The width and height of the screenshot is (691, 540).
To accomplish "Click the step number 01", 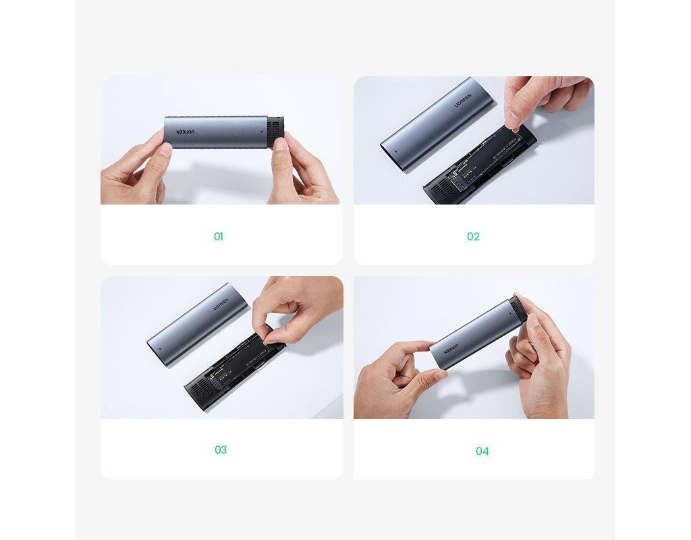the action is (219, 237).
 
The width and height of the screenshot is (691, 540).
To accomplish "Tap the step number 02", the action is (473, 237).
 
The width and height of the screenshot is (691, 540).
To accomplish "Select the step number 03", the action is (221, 450).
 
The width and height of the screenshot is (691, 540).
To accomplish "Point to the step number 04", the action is (482, 451).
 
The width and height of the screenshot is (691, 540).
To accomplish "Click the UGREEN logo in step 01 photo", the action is (186, 132).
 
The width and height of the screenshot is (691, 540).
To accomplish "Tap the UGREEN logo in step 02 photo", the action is (463, 101).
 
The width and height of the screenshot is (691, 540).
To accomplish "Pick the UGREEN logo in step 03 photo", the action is (221, 304).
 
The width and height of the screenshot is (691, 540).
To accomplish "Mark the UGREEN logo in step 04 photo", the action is (451, 349).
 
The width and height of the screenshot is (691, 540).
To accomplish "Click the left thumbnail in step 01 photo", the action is (165, 149).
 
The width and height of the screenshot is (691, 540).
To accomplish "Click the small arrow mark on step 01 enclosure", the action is (260, 132).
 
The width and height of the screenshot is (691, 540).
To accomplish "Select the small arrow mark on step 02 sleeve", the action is (395, 151).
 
